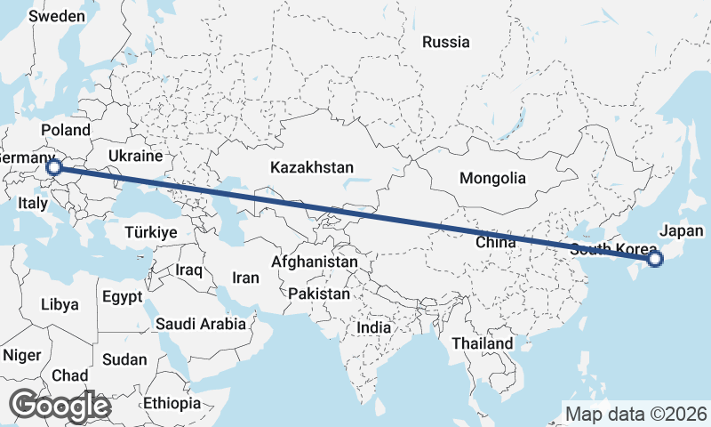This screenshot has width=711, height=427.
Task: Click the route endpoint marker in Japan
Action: pos(655,259)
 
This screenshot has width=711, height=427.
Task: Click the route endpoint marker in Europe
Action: pos(54,166)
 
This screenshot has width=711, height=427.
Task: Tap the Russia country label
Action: pos(445,42)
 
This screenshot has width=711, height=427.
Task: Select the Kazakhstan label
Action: pos(312,167)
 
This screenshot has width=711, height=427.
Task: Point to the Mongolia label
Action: pos(492,178)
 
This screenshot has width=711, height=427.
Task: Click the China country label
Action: pos(496,242)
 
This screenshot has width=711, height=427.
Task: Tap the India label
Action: pos(373,327)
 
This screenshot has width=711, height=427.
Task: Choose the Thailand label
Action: pos(482,343)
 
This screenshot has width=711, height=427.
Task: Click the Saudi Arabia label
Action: pos(200,324)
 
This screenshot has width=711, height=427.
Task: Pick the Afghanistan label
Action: pos(315,262)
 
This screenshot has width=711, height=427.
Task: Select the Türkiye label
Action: pos(151,231)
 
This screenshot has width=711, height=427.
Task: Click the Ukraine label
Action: pos(135,156)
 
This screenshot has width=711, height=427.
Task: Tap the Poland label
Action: pos(65,130)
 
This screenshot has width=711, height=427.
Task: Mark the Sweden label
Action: pos(56,16)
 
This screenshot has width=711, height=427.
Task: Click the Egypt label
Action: pos(121,296)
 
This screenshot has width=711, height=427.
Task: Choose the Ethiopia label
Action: pos(172,403)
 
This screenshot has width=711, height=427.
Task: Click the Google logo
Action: pos(60,406)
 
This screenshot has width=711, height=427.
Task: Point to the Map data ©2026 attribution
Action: pos(635,414)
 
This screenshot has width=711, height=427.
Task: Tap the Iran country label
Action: pos(245,278)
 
